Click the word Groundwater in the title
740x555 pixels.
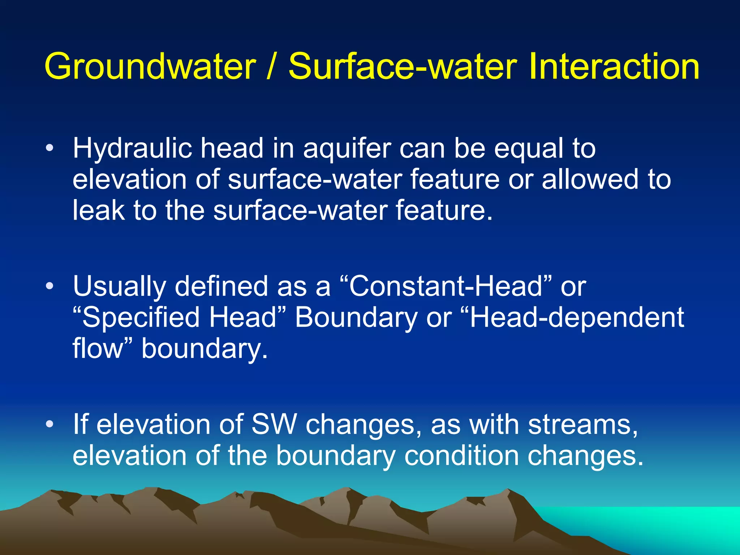(150, 67)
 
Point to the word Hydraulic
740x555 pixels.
(132, 149)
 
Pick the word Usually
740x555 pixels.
(119, 287)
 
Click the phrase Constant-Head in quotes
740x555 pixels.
(446, 286)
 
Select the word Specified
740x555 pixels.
(141, 317)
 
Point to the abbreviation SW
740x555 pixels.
(274, 424)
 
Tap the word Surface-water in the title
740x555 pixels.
(403, 67)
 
